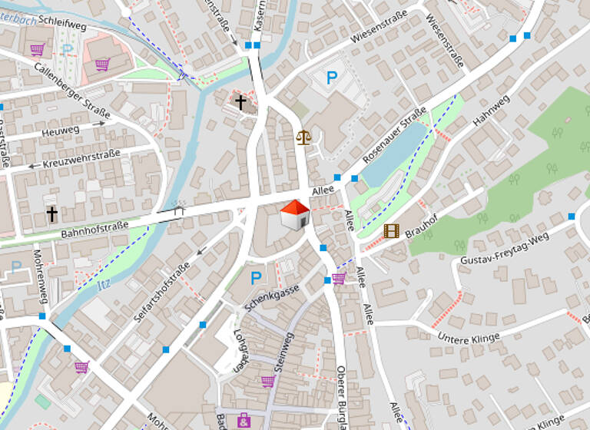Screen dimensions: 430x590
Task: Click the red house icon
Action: pos(294,214)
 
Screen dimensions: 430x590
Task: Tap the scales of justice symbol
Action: pos(304,137)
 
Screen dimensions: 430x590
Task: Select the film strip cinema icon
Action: pos(392,230)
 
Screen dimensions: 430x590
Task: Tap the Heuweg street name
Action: pos(61,131)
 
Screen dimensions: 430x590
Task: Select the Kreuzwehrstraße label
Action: pos(81,158)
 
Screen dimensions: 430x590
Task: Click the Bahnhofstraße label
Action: pos(94,227)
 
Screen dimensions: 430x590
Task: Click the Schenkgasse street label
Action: pos(272,296)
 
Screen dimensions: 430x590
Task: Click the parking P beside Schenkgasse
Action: pos(256,277)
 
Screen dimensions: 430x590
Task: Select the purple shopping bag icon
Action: pos(244,419)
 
